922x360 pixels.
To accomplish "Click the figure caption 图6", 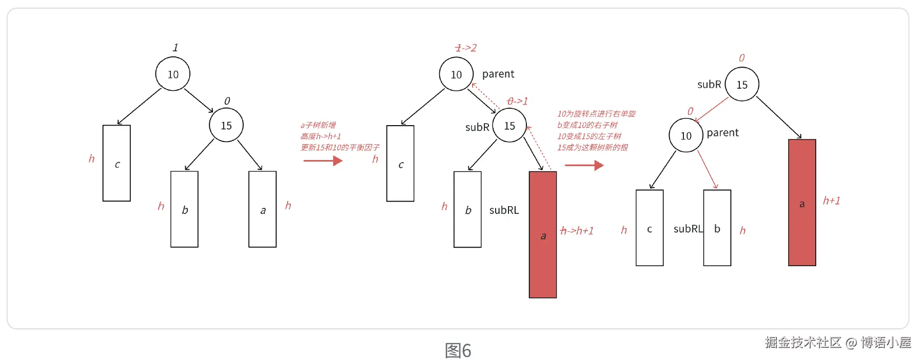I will [458, 351].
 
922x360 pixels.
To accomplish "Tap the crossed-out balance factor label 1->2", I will [466, 48].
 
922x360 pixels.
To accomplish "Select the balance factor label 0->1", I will [517, 101].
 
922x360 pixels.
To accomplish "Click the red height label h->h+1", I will [577, 231].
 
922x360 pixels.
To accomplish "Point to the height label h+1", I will [831, 201].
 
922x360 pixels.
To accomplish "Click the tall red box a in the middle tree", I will [543, 234].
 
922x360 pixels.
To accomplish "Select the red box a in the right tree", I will [802, 203].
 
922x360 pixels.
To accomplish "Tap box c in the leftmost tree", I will [116, 163].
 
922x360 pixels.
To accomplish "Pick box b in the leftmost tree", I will [184, 209].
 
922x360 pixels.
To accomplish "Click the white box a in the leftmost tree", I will [263, 209].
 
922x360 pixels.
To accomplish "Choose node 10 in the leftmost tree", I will [173, 74].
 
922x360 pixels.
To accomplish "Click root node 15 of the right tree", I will [742, 85].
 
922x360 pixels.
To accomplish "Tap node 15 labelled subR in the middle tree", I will [509, 126].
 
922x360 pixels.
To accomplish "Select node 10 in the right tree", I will [686, 136].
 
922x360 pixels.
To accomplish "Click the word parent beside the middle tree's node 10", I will [498, 74].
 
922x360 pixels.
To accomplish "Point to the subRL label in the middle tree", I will [504, 210].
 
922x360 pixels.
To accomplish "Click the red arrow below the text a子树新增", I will [323, 161].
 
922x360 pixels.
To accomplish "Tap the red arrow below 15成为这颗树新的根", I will [584, 165].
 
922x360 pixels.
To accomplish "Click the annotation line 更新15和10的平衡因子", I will [340, 148].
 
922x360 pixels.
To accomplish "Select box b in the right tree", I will [717, 228].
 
